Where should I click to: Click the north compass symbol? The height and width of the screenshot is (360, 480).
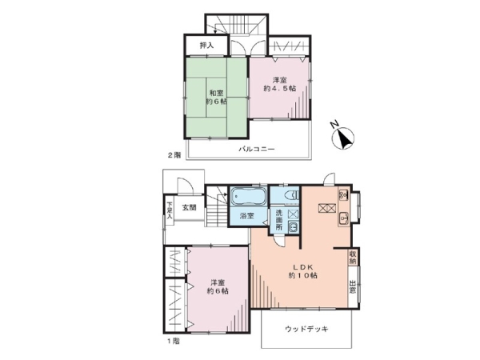coord(343,138)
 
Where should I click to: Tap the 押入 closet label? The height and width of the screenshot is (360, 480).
coord(206,46)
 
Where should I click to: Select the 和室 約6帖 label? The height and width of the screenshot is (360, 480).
coord(216,97)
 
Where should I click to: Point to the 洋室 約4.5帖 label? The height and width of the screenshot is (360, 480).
coord(280,84)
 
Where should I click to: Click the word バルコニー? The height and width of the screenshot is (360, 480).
coord(257,150)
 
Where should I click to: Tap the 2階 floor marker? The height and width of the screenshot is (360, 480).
coord(174,155)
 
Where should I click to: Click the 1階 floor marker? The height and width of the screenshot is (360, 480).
coord(174,341)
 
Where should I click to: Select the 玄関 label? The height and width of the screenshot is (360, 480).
coord(189,207)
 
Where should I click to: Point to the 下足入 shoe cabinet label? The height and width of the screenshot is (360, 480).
coord(170,210)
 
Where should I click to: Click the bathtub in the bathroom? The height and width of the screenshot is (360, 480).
coord(246,197)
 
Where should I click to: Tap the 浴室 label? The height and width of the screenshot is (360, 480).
coord(246,216)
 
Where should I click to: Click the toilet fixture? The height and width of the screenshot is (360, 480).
coord(291,194)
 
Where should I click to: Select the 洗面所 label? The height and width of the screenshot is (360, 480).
coord(279,219)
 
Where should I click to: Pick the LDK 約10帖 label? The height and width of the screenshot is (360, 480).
coord(303,270)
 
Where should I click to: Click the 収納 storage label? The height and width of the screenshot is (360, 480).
coord(353,257)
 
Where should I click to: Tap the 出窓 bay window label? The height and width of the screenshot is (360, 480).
coord(353,287)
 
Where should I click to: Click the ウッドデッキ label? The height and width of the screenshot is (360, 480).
coord(306,329)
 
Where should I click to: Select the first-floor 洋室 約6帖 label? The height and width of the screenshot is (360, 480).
coord(218,286)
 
